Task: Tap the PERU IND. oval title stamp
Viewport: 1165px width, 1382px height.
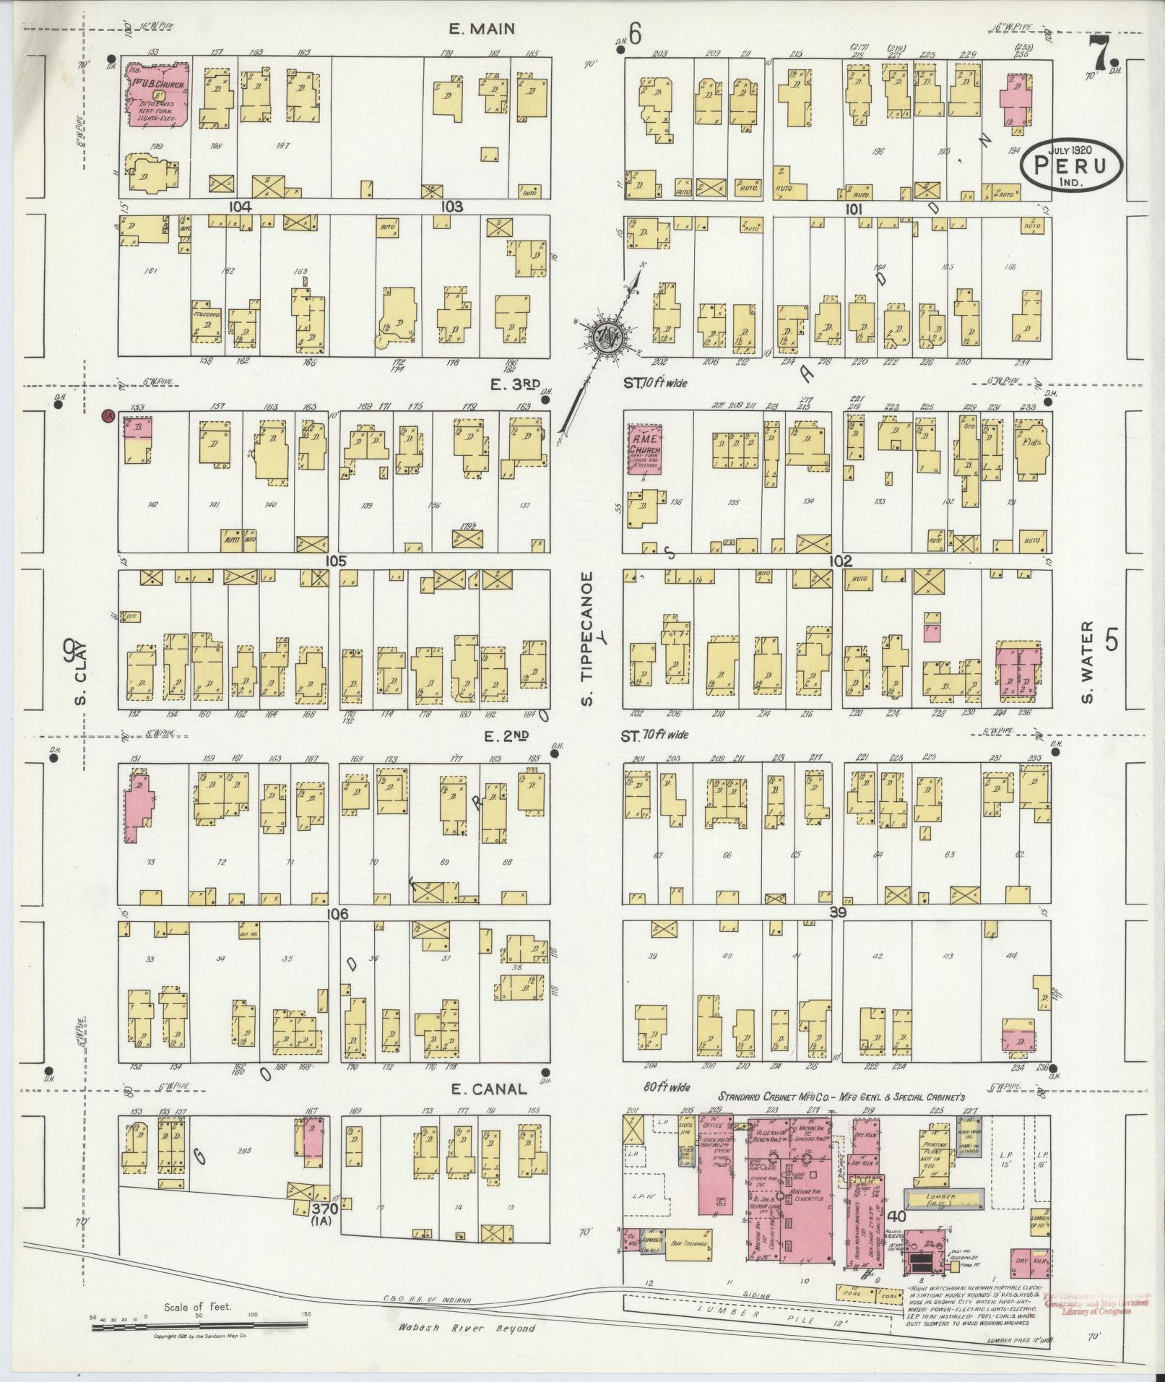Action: (1071, 165)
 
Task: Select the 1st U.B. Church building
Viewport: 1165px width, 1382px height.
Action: (159, 95)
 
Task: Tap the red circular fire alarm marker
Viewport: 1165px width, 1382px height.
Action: (108, 415)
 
